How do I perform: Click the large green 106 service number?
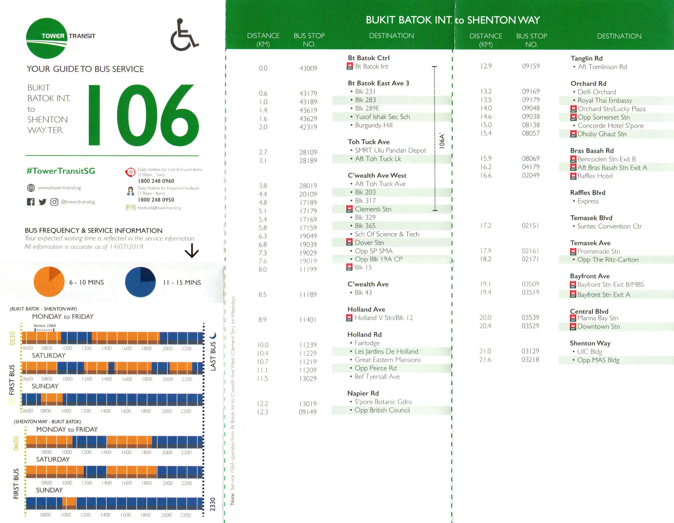[x=143, y=115]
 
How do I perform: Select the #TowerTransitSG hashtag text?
[x=61, y=171]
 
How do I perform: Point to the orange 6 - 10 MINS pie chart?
[x=49, y=282]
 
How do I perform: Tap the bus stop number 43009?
[x=308, y=68]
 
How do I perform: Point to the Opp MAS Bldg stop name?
[x=598, y=360]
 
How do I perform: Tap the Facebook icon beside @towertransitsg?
[x=31, y=202]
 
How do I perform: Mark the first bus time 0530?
[x=12, y=338]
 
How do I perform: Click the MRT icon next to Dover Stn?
[x=349, y=242]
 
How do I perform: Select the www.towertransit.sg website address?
[x=59, y=188]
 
